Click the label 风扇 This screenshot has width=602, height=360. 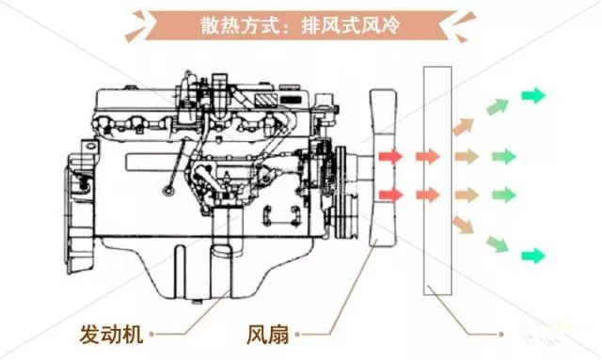267,333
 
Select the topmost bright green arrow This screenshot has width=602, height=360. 534,95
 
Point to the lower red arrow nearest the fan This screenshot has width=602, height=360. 389,194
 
